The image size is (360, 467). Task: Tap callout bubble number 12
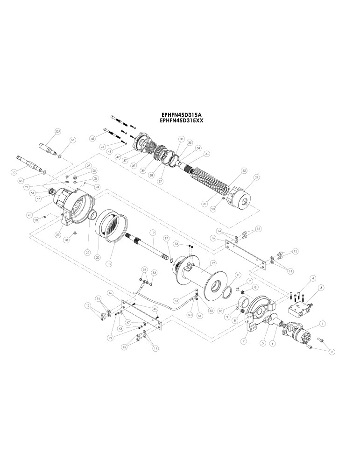(x=213, y=263)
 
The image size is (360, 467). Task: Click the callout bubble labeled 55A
(x=58, y=133)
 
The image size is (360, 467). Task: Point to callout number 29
(x=256, y=178)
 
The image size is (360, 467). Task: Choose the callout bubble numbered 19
(x=152, y=232)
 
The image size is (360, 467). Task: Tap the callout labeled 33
(x=206, y=153)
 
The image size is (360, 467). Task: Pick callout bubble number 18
(x=109, y=264)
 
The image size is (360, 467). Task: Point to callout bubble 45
(x=92, y=139)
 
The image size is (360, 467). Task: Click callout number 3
(x=321, y=288)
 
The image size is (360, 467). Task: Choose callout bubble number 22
(x=87, y=252)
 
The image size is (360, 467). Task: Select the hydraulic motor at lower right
(x=297, y=332)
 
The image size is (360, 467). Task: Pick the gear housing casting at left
(x=75, y=205)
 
